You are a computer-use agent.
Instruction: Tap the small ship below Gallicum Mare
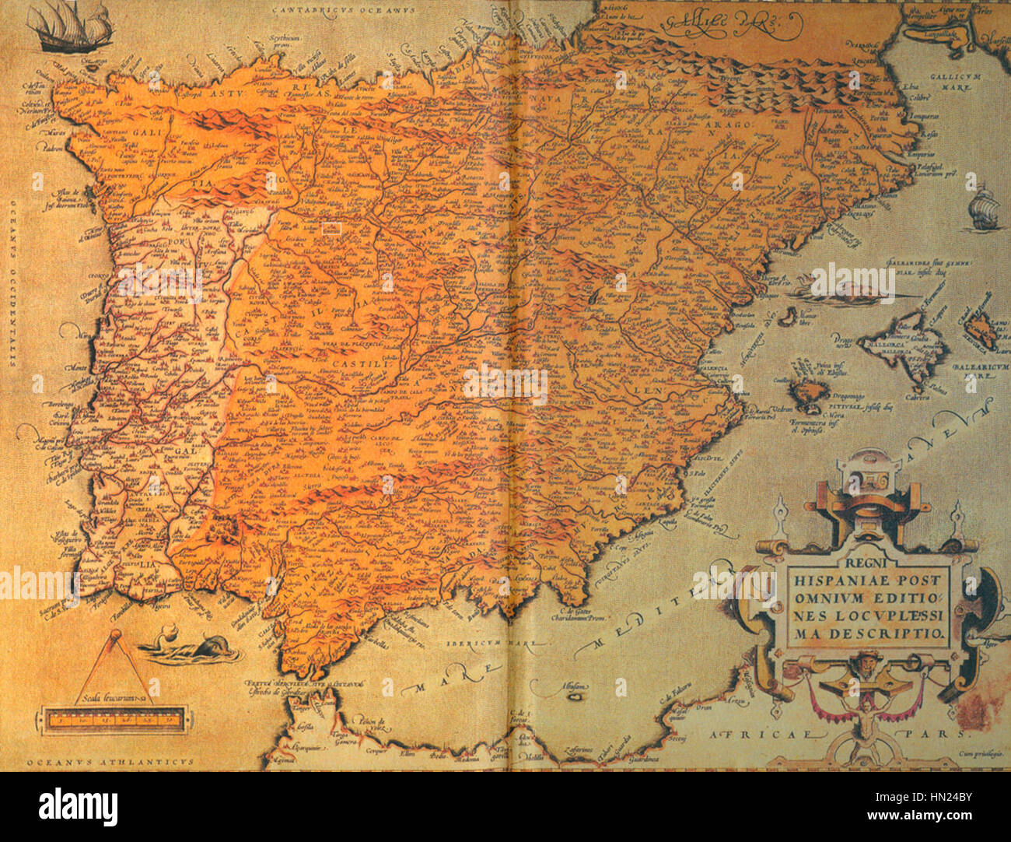pos(983,207)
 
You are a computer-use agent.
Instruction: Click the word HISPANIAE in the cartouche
pos(841,579)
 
